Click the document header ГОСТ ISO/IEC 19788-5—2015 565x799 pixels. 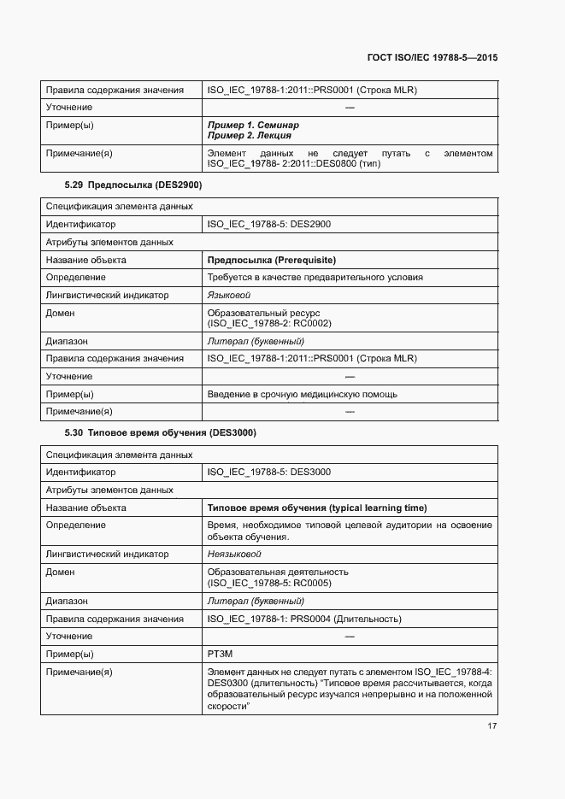click(x=433, y=57)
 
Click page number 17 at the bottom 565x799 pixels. click(x=492, y=726)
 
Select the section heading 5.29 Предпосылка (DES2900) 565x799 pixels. click(x=132, y=185)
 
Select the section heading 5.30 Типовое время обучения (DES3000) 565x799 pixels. click(x=161, y=432)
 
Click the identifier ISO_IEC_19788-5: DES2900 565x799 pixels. click(x=269, y=224)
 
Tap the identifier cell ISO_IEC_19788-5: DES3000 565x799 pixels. click(x=269, y=472)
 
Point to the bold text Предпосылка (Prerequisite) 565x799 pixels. click(x=272, y=260)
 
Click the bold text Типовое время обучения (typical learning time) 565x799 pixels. click(x=317, y=508)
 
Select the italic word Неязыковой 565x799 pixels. click(x=234, y=554)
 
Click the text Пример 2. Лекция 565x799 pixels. click(x=250, y=135)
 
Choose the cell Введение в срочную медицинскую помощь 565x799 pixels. click(x=303, y=395)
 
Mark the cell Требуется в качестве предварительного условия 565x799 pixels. click(x=315, y=277)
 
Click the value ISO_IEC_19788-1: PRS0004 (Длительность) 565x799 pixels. click(x=304, y=619)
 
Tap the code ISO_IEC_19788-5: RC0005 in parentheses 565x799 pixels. click(x=269, y=583)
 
